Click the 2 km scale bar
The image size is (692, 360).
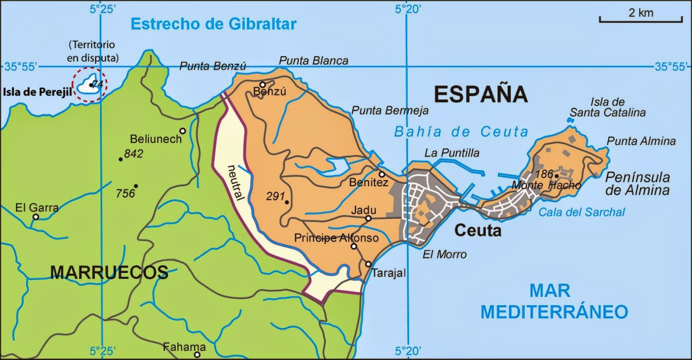(641, 20)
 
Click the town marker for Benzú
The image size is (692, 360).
(263, 84)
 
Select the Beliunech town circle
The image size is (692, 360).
(183, 131)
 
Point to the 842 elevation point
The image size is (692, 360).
(120, 159)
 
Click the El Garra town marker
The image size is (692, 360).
(35, 217)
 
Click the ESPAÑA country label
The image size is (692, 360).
(480, 94)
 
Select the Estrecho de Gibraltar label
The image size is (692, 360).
(214, 24)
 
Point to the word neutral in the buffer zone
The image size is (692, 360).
(236, 183)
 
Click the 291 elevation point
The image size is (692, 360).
(287, 202)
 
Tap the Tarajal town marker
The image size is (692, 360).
(368, 264)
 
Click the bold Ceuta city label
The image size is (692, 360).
(477, 231)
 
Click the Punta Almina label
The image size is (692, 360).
(641, 141)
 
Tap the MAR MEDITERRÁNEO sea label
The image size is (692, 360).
(554, 301)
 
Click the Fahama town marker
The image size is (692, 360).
(197, 355)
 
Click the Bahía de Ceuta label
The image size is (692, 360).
(460, 132)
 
